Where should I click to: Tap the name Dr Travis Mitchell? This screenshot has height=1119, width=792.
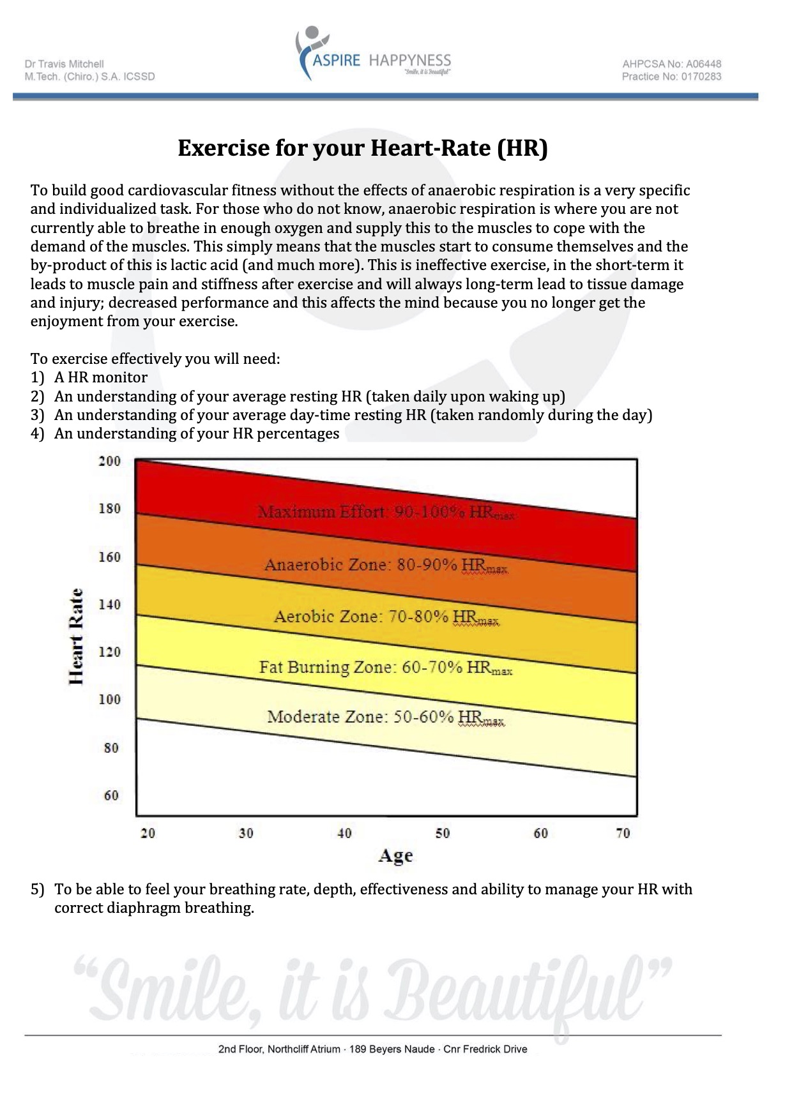pyautogui.click(x=64, y=64)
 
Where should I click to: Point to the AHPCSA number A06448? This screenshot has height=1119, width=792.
pyautogui.click(x=671, y=64)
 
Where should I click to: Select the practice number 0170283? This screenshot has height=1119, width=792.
pyautogui.click(x=671, y=77)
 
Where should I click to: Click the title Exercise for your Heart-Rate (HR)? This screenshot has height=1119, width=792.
pyautogui.click(x=362, y=148)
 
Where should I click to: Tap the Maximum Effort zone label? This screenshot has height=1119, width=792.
pyautogui.click(x=386, y=512)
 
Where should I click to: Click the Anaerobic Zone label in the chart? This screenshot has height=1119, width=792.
pyautogui.click(x=386, y=565)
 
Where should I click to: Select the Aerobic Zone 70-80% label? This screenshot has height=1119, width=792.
pyautogui.click(x=386, y=617)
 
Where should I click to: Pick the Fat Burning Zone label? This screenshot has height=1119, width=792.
pyautogui.click(x=386, y=668)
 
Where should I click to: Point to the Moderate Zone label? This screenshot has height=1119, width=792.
pyautogui.click(x=386, y=717)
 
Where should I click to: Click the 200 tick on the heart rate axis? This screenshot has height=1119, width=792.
pyautogui.click(x=109, y=461)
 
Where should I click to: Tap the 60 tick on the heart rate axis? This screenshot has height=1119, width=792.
pyautogui.click(x=111, y=795)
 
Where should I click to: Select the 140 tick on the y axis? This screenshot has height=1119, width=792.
pyautogui.click(x=109, y=604)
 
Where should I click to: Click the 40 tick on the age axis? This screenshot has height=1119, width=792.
pyautogui.click(x=344, y=833)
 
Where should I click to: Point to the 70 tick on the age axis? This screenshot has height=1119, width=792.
pyautogui.click(x=623, y=833)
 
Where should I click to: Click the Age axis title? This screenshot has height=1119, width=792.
pyautogui.click(x=395, y=856)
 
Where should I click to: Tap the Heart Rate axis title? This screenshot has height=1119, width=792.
pyautogui.click(x=76, y=636)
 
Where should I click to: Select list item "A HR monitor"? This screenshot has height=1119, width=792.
pyautogui.click(x=100, y=377)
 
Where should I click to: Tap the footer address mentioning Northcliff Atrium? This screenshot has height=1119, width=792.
pyautogui.click(x=372, y=1049)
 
